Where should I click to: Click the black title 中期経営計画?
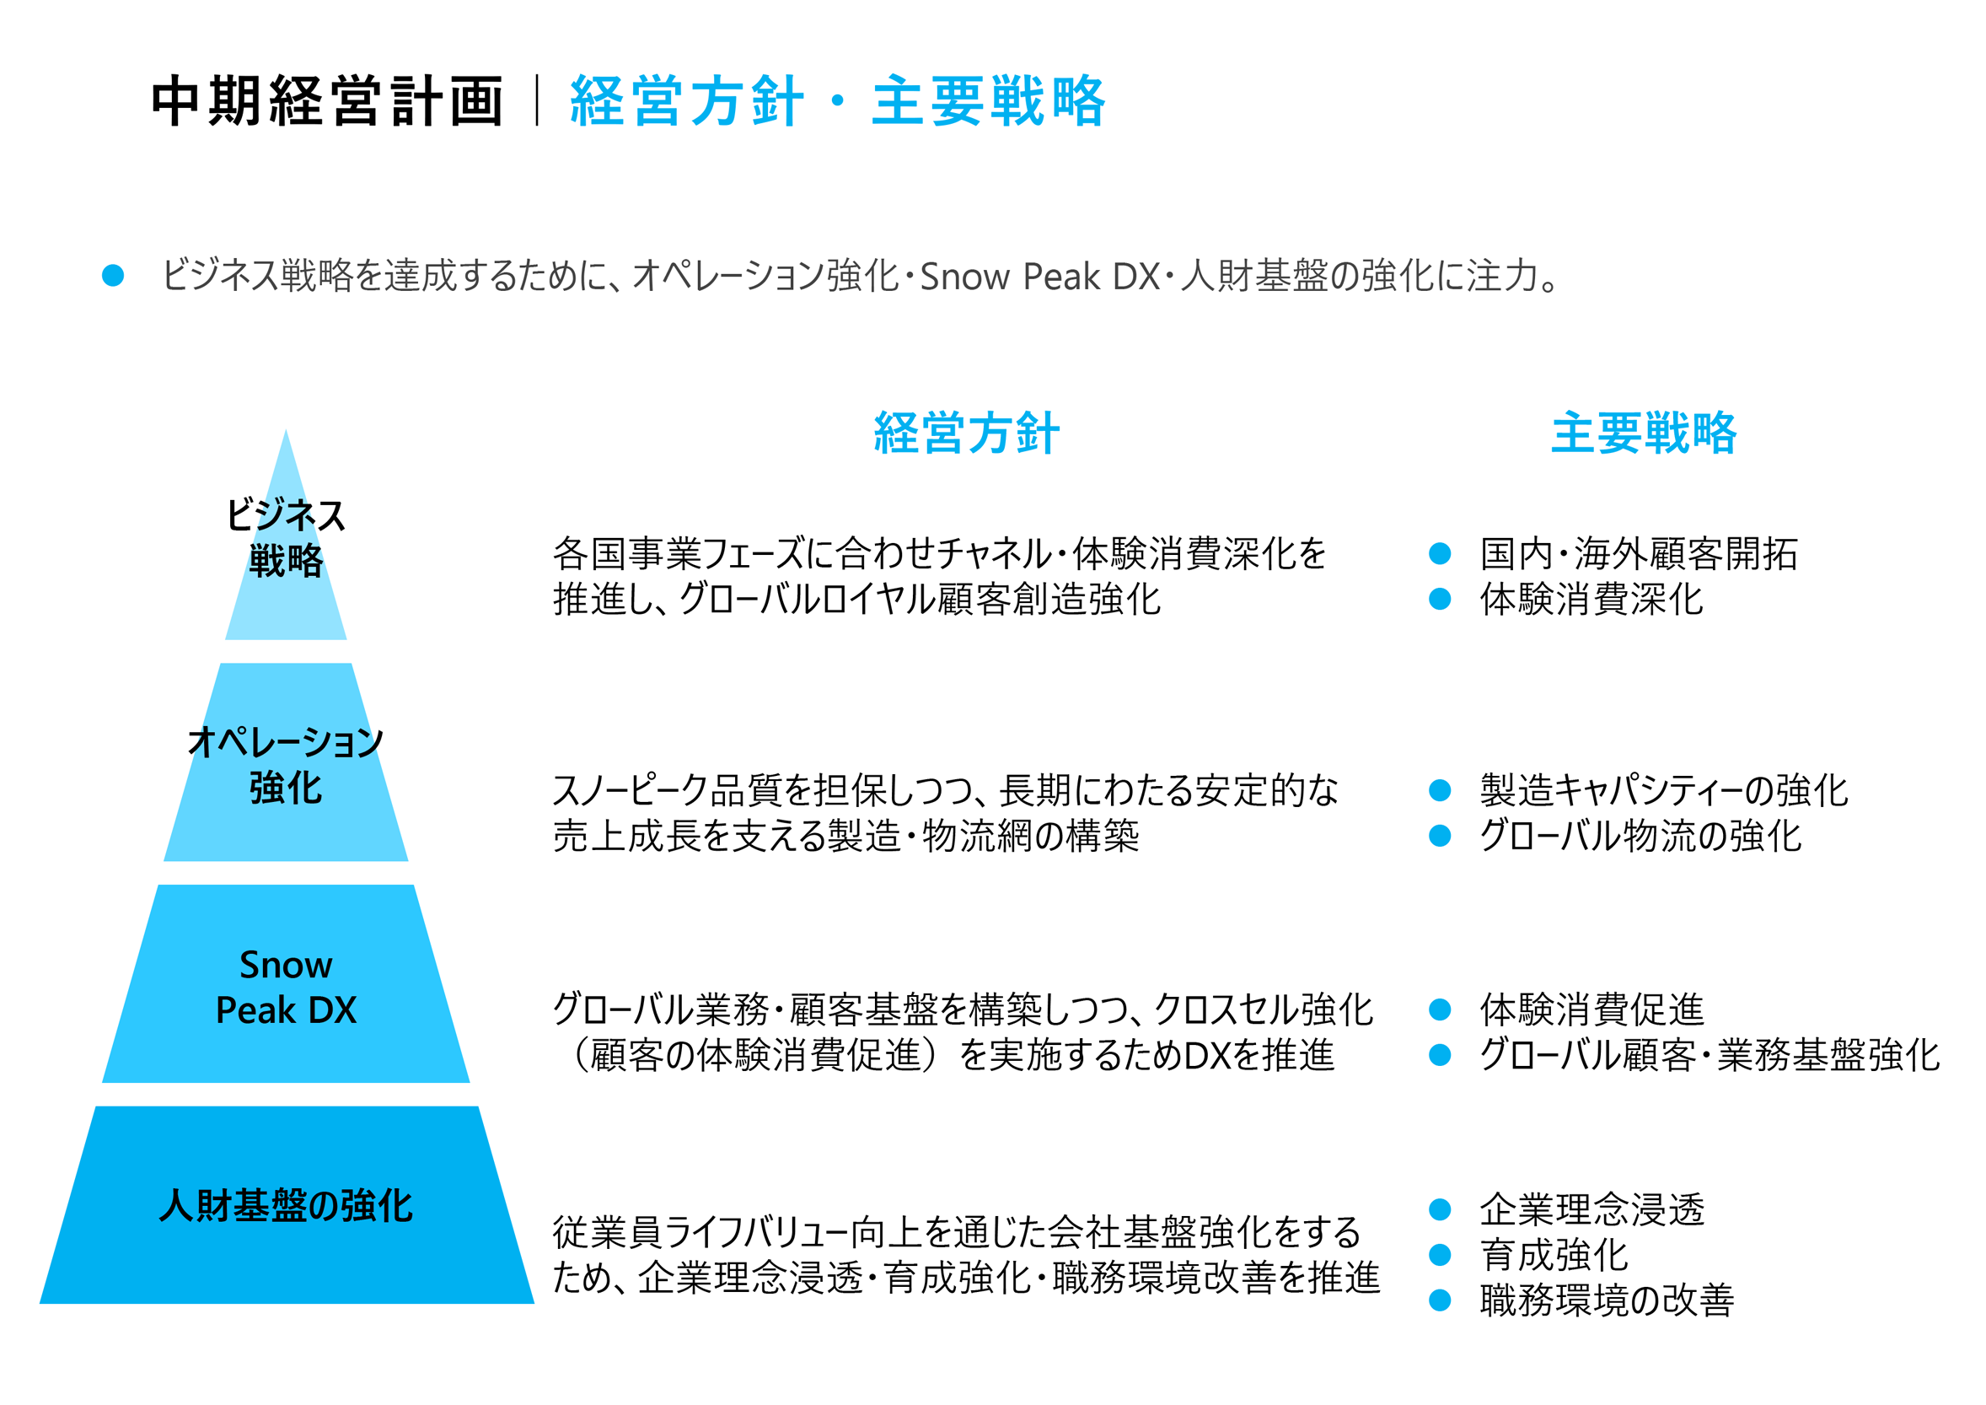[327, 101]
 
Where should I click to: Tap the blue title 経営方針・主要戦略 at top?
[837, 101]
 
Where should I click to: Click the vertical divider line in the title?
[537, 100]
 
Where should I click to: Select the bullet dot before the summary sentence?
[112, 275]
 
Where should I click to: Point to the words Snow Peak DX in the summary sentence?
[1039, 277]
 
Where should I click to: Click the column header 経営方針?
[966, 433]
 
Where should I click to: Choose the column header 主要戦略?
[1644, 433]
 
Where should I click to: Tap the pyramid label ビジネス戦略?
[286, 537]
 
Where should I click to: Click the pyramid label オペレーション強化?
[286, 765]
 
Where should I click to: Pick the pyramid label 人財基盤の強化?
[286, 1205]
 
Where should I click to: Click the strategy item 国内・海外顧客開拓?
[1638, 554]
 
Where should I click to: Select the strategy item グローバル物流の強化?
[1641, 836]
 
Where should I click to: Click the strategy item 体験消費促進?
[1591, 1009]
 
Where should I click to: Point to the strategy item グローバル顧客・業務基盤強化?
[1710, 1055]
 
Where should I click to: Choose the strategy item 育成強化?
[1554, 1255]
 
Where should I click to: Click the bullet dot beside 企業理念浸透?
[1441, 1209]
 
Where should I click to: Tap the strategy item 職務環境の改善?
[1608, 1300]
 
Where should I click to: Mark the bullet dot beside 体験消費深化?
[1441, 599]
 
